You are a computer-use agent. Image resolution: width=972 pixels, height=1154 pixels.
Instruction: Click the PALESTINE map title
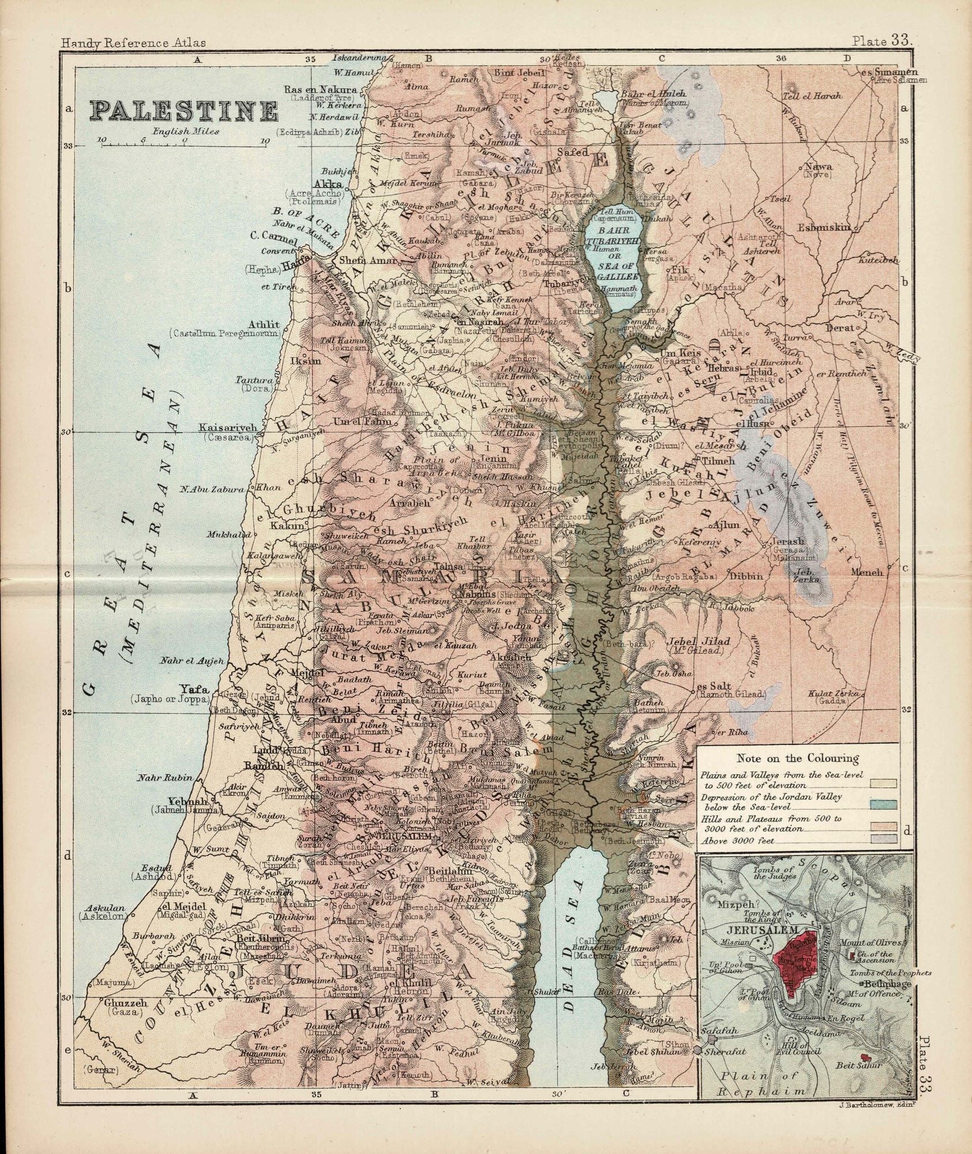[x=183, y=110]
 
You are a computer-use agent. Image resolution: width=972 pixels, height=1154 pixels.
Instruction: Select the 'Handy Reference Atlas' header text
[x=133, y=42]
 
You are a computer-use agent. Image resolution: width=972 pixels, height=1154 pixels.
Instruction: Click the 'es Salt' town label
[x=714, y=686]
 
